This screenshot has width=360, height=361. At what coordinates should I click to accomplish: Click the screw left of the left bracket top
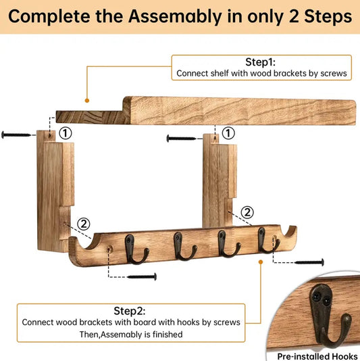pos(16,135)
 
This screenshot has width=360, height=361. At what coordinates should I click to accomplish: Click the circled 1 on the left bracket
pos(65,134)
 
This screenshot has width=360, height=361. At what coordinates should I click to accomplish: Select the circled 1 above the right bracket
pos(228,133)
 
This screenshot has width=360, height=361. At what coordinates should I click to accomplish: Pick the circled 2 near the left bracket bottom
pos(82,222)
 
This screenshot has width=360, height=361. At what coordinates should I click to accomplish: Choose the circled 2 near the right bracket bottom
pos(247,212)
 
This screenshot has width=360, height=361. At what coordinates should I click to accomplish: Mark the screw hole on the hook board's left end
pos(109,249)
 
